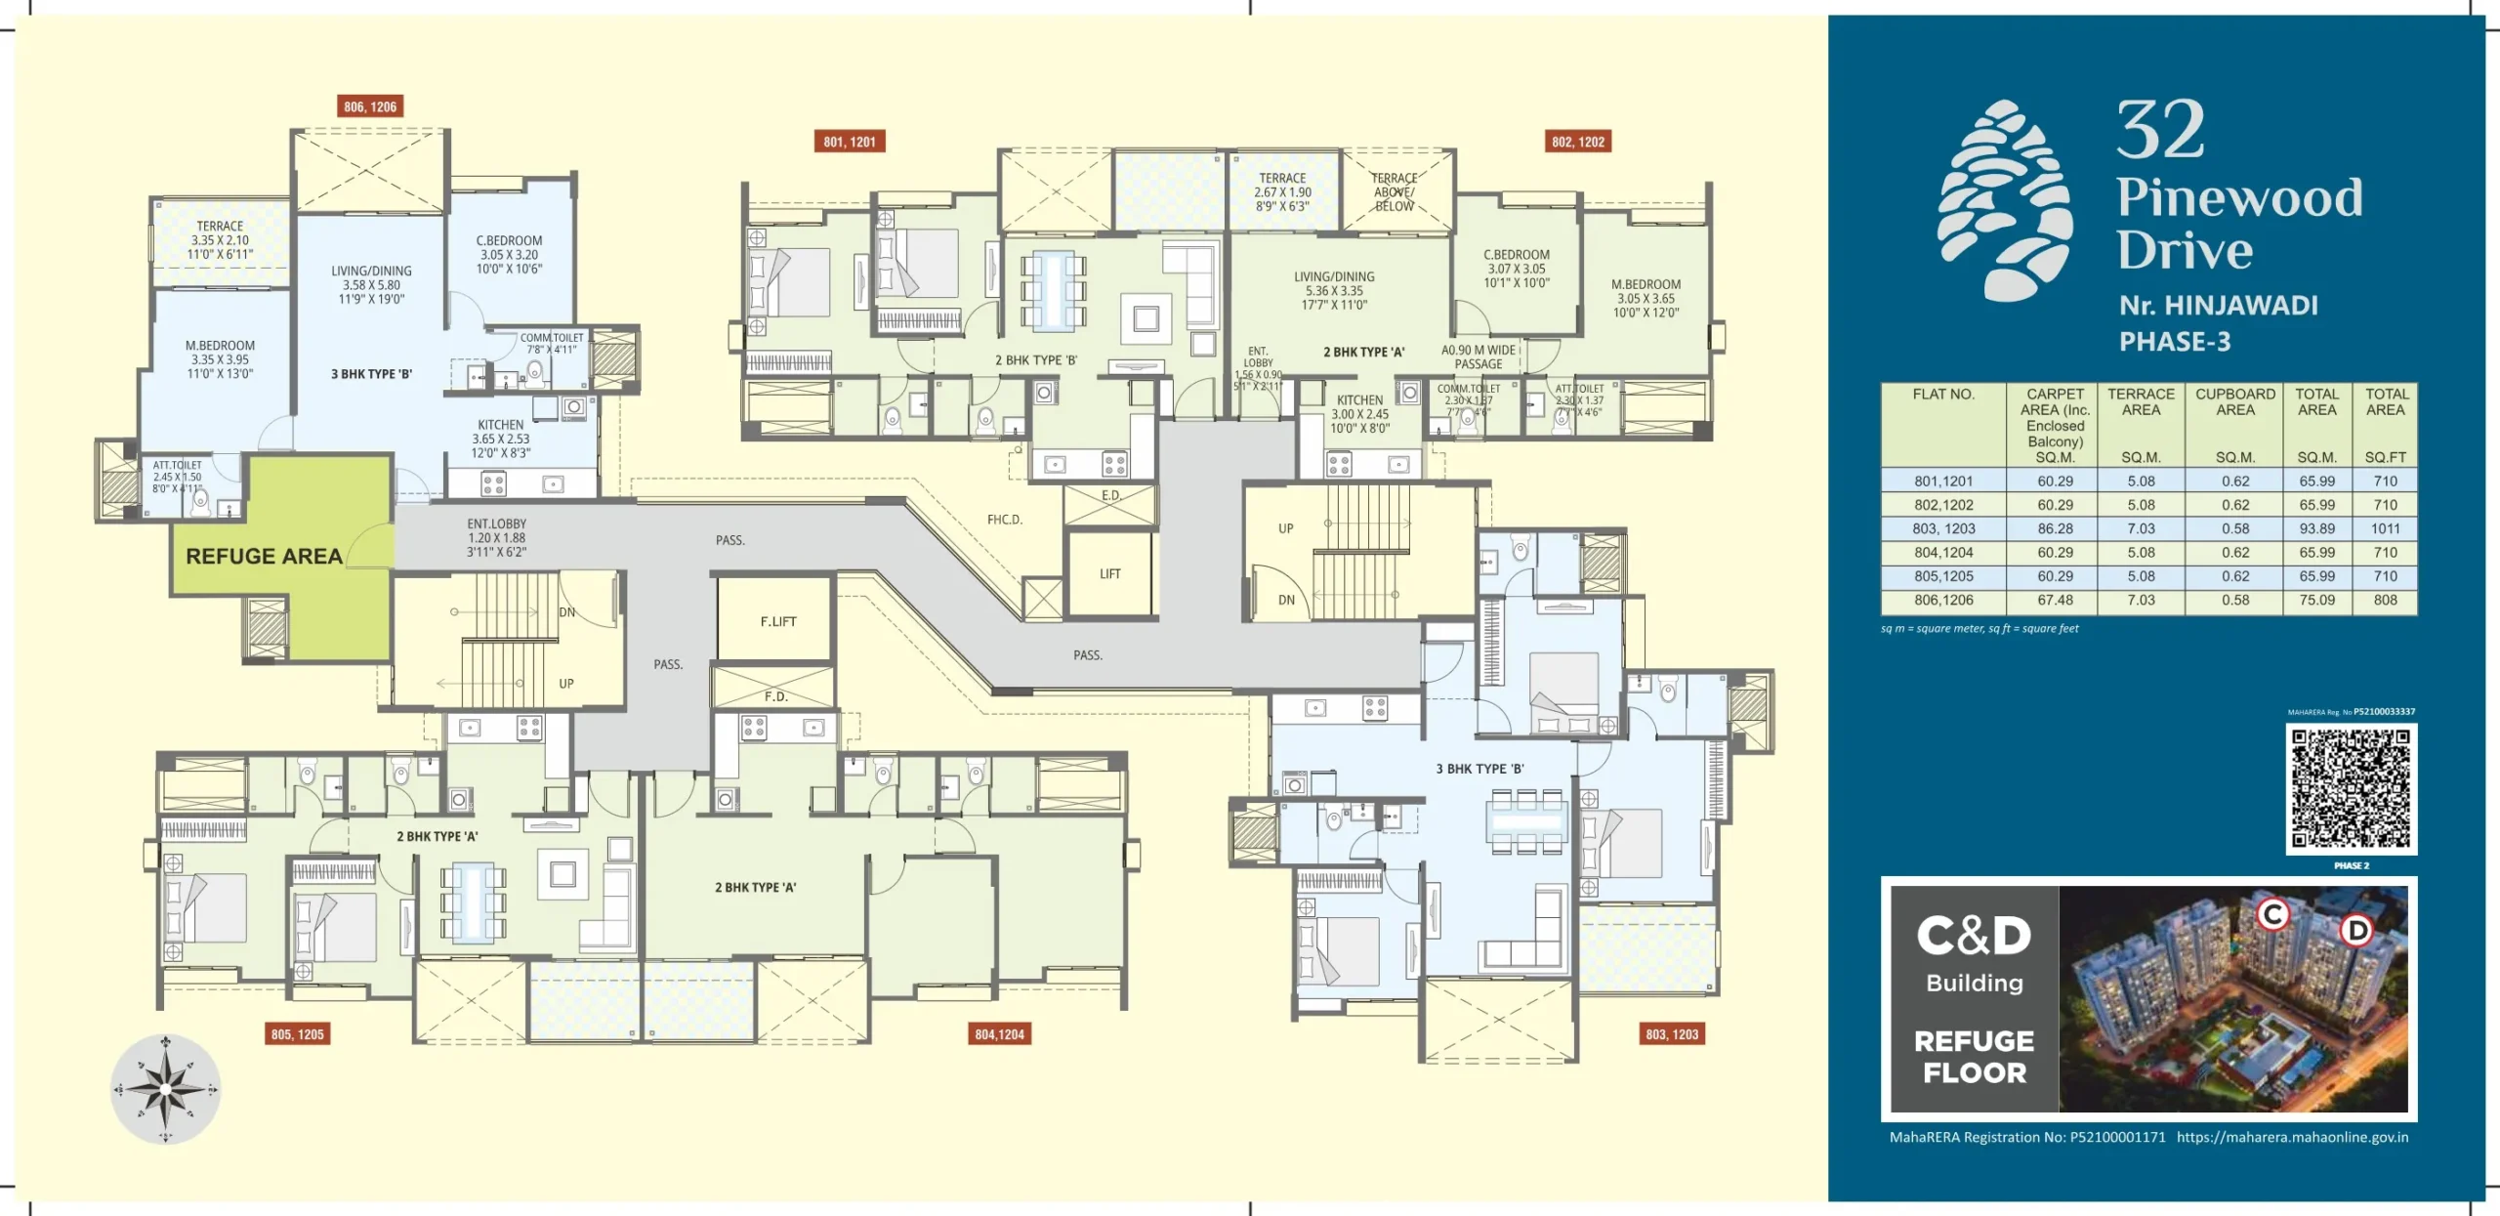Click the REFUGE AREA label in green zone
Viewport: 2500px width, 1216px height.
click(x=264, y=556)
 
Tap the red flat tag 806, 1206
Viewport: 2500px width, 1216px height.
click(x=370, y=106)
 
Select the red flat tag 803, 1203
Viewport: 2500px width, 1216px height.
click(x=1672, y=1034)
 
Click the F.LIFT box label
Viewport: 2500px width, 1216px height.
click(x=778, y=621)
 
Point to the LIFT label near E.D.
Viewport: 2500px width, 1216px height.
click(x=1110, y=574)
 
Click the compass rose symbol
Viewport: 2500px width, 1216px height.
click(x=165, y=1089)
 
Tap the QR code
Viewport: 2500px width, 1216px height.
click(x=2351, y=789)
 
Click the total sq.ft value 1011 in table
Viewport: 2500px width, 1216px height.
click(x=2385, y=528)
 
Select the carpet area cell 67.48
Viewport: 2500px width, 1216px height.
click(x=2055, y=600)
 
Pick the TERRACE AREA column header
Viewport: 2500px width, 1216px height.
click(x=2141, y=401)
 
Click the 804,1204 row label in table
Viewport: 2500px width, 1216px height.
click(x=1943, y=552)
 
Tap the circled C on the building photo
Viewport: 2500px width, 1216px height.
click(x=2272, y=914)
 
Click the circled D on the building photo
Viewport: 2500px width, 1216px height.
click(x=2357, y=930)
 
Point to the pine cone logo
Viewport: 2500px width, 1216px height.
click(x=2005, y=200)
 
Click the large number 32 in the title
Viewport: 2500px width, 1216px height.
click(x=2160, y=130)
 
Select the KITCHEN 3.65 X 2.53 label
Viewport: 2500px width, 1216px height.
click(x=501, y=439)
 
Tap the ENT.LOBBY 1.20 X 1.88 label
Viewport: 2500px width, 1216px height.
click(x=496, y=537)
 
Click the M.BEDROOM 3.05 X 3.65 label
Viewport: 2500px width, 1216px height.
click(x=1646, y=298)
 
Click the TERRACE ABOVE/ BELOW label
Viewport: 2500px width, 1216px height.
click(x=1394, y=192)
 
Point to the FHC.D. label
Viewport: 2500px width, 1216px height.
click(x=1004, y=520)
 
